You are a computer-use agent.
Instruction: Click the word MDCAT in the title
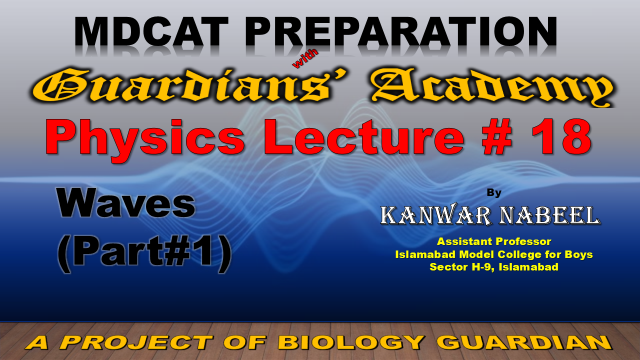(x=151, y=32)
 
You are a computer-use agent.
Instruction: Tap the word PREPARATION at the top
(x=401, y=32)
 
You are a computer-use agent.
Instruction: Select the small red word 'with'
(x=305, y=58)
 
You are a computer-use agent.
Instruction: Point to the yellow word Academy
(x=492, y=88)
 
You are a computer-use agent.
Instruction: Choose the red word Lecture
(x=364, y=137)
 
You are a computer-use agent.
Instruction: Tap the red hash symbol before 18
(x=496, y=137)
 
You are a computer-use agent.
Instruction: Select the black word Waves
(x=126, y=203)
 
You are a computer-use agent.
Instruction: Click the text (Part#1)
(x=144, y=253)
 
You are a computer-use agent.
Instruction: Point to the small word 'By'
(x=494, y=193)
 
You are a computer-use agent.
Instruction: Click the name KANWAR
(x=436, y=216)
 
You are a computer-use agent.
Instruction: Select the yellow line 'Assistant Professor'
(x=494, y=241)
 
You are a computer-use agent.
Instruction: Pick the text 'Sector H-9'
(x=462, y=267)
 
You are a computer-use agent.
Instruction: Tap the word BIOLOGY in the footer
(x=351, y=342)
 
